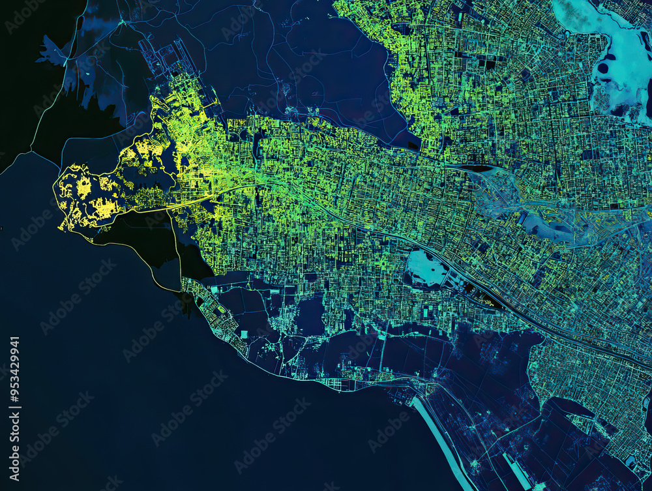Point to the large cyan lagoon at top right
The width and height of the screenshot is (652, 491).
pos(616,52)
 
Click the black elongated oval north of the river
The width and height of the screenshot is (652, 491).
pos(479,168)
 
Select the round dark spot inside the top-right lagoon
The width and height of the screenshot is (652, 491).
pos(603,68)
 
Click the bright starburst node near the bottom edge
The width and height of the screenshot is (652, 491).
pos(475,464)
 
